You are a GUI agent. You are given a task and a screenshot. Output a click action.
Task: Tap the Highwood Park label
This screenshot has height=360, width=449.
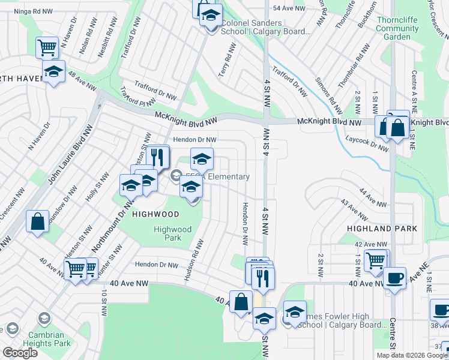coord(172,233)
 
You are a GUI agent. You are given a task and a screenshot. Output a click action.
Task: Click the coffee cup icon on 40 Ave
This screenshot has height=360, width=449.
coord(394,278)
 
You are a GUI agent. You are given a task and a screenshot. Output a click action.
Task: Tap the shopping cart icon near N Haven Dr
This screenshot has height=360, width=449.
coord(47,47)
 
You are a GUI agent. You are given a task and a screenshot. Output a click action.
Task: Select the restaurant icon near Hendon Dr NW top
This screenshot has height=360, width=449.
coord(158,157)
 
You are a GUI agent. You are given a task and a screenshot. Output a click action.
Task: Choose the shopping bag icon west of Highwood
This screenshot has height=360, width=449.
coord(38,221)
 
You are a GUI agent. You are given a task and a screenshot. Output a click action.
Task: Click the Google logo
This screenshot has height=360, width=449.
coord(20,353)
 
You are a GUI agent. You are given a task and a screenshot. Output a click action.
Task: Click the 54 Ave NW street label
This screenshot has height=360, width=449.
coord(289,8)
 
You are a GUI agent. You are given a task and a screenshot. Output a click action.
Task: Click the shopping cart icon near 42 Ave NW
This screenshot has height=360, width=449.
coord(376,260)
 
